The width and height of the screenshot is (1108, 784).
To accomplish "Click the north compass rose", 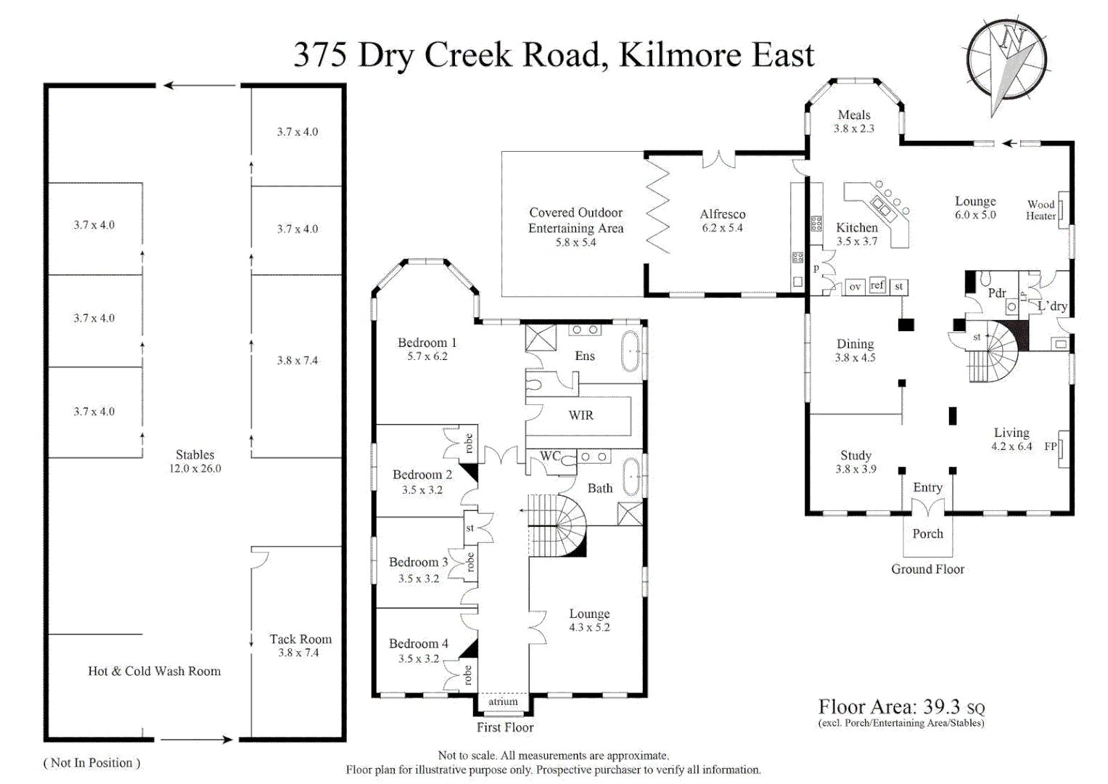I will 1006,60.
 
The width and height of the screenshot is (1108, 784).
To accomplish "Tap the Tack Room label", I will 300,640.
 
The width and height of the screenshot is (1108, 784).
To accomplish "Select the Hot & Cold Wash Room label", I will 154,671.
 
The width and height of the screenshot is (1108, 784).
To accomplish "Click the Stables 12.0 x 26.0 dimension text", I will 195,469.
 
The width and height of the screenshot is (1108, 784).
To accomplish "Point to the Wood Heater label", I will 1041,211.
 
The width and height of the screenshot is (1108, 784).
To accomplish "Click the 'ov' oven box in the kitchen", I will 855,287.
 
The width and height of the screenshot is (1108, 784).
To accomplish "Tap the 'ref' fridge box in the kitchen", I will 877,285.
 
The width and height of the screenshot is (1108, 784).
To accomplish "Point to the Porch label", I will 927,534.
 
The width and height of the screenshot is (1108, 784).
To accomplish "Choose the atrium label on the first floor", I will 503,702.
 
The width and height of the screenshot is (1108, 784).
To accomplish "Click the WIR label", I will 580,415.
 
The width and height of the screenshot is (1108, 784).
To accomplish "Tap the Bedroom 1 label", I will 427,343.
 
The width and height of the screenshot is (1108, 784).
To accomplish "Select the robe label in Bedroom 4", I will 468,675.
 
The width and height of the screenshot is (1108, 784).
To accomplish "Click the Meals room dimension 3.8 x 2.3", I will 854,128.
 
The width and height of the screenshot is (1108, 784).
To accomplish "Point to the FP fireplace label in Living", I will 1049,446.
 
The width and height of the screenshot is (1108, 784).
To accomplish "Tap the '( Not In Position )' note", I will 91,763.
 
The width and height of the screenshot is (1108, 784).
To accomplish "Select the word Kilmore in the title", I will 680,55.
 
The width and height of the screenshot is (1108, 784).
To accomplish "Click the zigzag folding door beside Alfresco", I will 657,206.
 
